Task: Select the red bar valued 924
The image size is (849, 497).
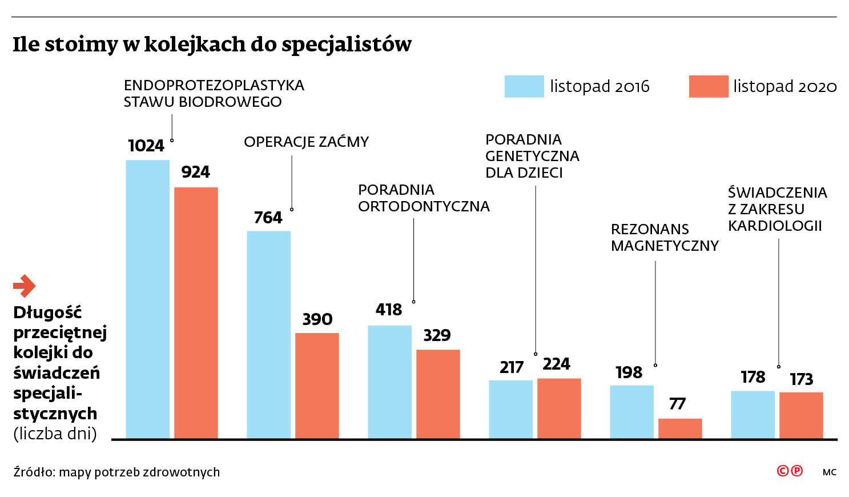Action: coord(196,312)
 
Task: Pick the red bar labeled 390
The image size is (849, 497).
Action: coord(317,386)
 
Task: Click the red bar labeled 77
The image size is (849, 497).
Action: coord(680,428)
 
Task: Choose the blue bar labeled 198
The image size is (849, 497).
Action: coord(631,412)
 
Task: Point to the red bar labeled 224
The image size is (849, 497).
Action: coord(559,408)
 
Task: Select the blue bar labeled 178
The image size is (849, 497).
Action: coord(753,415)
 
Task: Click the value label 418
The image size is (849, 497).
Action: coord(389,310)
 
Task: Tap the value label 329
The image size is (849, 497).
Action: coord(437,335)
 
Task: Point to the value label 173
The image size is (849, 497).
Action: coord(801,379)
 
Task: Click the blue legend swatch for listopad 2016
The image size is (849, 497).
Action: coord(524,86)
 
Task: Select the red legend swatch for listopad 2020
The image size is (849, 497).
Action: coord(709,86)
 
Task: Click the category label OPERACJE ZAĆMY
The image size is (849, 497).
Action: coord(306,142)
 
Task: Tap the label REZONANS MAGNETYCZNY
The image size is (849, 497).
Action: coord(664,237)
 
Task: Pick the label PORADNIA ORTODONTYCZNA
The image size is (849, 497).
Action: coord(423,198)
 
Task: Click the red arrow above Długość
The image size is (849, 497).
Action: coord(25,286)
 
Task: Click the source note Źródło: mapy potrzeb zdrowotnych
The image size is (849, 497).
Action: coord(116,472)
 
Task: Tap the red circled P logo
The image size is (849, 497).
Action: coord(797,471)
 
